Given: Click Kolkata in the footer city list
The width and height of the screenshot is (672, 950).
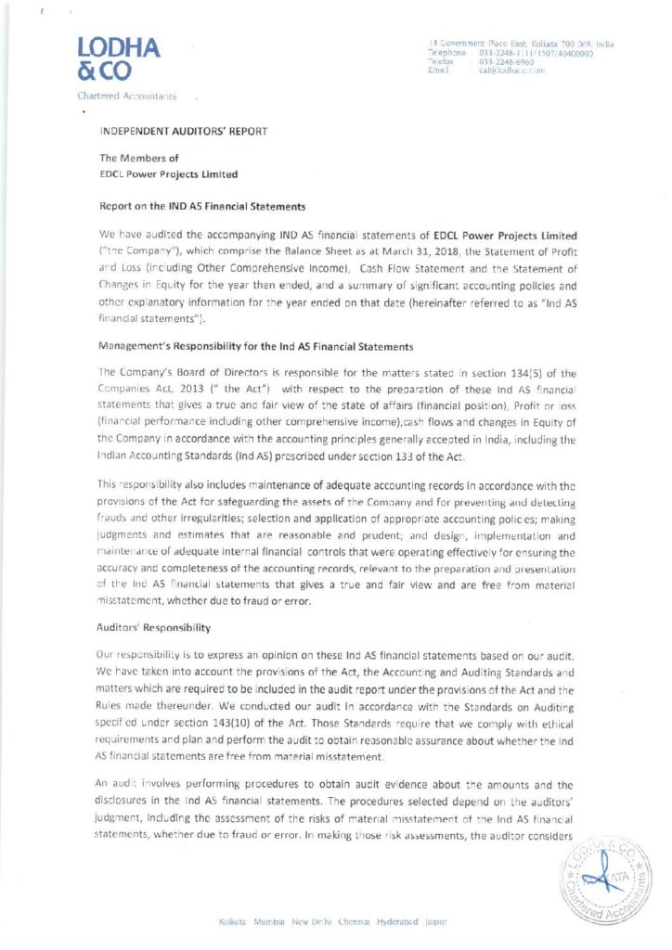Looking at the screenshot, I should [231, 921].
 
